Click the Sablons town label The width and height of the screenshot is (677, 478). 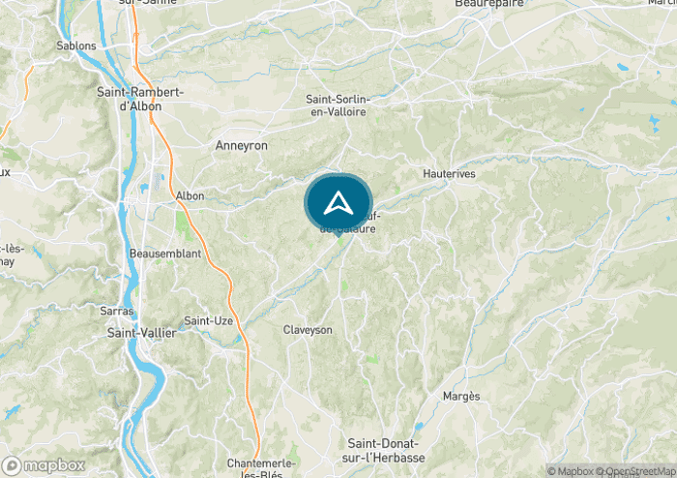pos(76,45)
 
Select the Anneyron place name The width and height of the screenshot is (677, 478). pos(240,144)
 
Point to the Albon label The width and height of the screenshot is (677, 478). pos(190,195)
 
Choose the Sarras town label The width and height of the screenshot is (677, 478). pos(116,312)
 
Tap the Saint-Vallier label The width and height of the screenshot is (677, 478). pos(141,333)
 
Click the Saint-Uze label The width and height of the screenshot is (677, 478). pos(206,320)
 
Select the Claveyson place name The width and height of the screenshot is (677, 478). pos(308,330)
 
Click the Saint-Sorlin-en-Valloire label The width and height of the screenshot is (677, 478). pos(337,105)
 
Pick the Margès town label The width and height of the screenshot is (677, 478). pos(460,397)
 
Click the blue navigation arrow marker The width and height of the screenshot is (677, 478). pos(338,202)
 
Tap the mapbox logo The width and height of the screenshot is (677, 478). pos(44,465)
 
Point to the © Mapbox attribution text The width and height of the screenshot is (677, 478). pos(571,471)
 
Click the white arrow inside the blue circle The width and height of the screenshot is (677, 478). pos(338,202)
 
